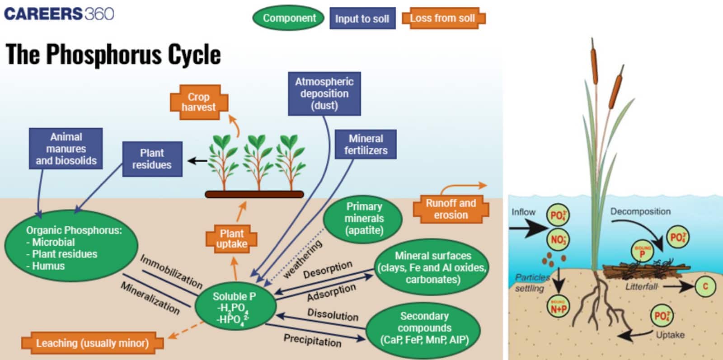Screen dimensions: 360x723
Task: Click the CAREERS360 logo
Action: point(59,14)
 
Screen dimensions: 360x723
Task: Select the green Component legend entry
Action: point(289,18)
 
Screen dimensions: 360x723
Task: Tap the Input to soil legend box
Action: point(362,19)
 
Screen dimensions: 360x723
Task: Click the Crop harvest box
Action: point(198,102)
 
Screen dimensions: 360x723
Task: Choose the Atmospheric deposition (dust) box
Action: point(324,94)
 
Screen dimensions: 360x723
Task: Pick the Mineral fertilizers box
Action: point(366,145)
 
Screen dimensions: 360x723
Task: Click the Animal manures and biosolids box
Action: point(66,149)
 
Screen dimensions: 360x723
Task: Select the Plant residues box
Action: point(152,159)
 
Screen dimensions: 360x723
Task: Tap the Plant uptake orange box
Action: point(231,239)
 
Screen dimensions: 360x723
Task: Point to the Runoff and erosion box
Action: point(451,209)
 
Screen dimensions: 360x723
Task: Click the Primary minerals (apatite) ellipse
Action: point(364,219)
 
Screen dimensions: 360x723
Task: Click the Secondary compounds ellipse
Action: point(424,328)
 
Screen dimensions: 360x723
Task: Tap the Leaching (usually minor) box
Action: point(92,343)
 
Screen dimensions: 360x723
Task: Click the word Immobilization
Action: point(171,271)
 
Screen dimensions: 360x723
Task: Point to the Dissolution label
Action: point(333,314)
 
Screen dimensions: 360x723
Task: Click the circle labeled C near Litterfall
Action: point(705,286)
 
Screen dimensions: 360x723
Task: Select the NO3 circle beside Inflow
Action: point(558,239)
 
